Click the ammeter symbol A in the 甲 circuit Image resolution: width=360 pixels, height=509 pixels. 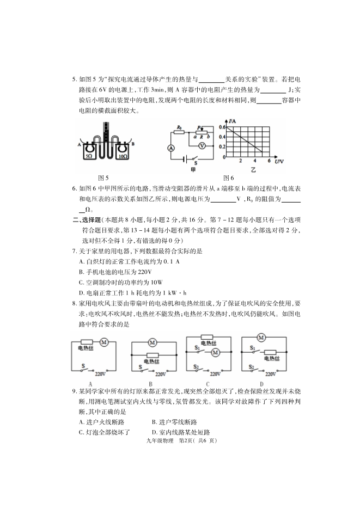(x=169, y=148)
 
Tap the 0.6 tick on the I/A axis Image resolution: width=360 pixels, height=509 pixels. (x=222, y=127)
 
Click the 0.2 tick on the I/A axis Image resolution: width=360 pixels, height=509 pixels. (x=222, y=146)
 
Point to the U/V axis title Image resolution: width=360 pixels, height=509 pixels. (x=279, y=162)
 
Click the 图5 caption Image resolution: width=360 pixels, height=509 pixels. (x=103, y=177)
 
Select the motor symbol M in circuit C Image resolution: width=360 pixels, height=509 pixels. (x=215, y=352)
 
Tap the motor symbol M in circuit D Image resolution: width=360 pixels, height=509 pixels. (x=261, y=338)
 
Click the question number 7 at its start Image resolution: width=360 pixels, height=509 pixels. (x=74, y=251)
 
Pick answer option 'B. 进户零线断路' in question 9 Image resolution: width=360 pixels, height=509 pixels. (x=174, y=422)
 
